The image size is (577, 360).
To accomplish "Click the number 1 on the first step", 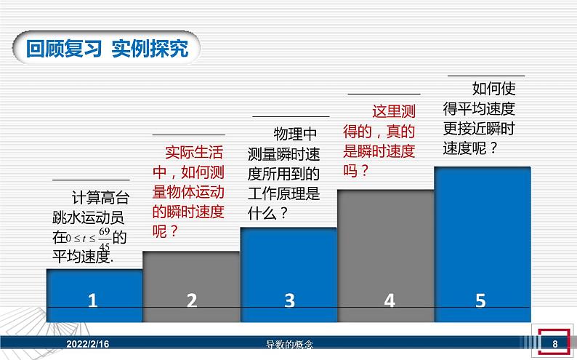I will point(92,300).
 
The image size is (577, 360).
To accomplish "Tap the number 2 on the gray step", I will point(192,300).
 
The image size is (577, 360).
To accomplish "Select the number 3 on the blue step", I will point(289,300).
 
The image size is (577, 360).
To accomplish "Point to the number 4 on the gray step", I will point(389,300).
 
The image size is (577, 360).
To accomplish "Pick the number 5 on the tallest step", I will point(480,300).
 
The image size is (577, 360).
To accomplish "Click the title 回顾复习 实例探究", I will point(107,49).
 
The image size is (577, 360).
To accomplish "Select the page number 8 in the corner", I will point(554,344).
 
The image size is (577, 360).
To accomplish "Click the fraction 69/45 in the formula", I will point(104,237).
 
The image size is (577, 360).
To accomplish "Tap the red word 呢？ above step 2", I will point(166,231).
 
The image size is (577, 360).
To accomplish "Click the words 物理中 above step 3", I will point(295,135).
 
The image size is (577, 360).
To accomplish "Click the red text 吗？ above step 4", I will point(356,171).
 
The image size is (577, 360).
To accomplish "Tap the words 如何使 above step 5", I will point(494,89).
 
